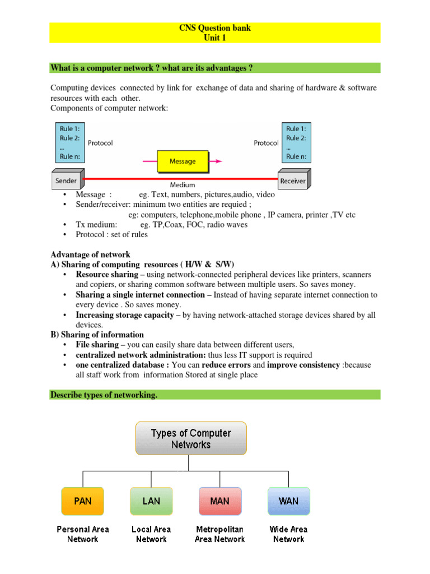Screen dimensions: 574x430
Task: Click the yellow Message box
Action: [183, 161]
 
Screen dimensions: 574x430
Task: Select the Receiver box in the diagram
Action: [293, 180]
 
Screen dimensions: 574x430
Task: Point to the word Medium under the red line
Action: [183, 185]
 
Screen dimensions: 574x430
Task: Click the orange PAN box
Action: [82, 501]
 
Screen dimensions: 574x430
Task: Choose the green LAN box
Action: [151, 501]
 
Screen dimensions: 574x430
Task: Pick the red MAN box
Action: [220, 501]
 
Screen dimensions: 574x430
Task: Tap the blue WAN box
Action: [289, 501]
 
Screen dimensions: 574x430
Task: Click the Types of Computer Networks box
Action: [191, 438]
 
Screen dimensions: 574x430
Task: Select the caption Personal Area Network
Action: [83, 534]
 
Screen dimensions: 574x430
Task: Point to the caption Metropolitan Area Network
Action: [220, 534]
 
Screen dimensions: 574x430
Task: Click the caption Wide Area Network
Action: [289, 534]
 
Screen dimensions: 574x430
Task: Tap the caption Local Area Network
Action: [151, 534]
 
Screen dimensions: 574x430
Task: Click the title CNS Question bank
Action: [214, 28]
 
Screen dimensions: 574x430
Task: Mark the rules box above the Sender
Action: [69, 142]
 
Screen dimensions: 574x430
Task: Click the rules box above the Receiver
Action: [296, 142]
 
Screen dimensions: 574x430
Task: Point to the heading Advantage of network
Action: [90, 254]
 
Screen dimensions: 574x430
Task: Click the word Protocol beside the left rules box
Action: [100, 143]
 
